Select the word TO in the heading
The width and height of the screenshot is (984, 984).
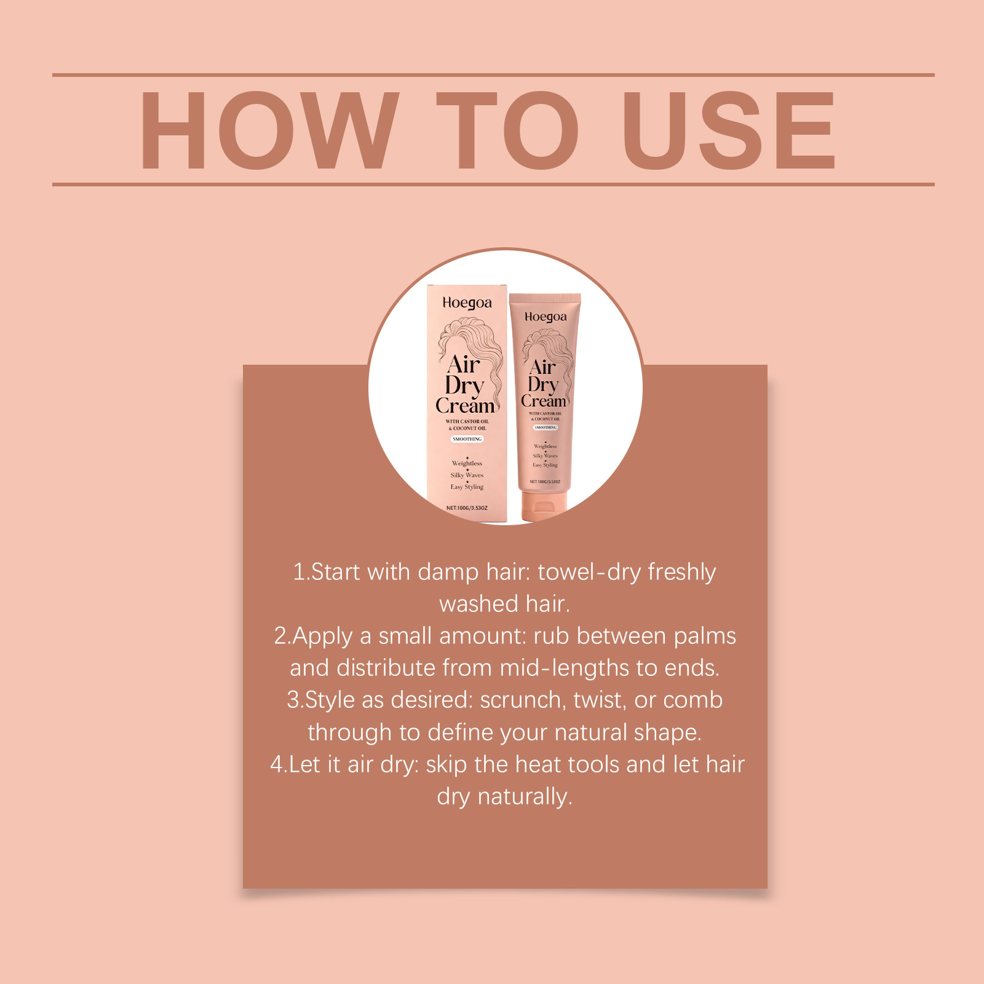pos(507,130)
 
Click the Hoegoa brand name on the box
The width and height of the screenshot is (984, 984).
pos(467,303)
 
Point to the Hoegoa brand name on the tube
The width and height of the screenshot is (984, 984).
pos(546,317)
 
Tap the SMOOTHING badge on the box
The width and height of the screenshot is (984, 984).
pos(467,439)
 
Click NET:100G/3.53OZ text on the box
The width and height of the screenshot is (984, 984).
pos(467,508)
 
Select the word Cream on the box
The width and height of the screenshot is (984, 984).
pos(466,407)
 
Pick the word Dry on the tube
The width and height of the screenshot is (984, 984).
pos(542,384)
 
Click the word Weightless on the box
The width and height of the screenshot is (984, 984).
pos(467,463)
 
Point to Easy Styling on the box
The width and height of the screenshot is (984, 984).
pos(467,486)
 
